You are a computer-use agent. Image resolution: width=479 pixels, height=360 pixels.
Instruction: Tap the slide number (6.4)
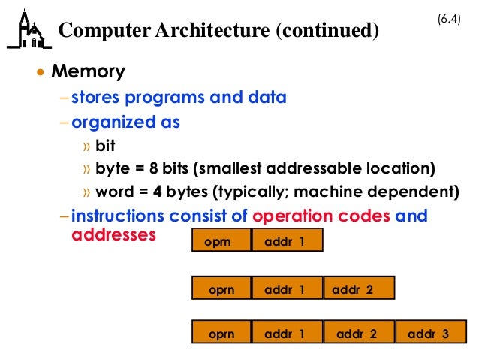coord(449,17)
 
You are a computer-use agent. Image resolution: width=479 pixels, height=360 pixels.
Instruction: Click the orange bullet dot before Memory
coord(42,73)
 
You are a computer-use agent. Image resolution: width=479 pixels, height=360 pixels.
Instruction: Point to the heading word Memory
coord(88,72)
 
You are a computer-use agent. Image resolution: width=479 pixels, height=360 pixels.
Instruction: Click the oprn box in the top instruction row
coord(217,241)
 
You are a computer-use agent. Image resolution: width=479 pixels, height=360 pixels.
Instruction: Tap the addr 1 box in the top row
coord(285,241)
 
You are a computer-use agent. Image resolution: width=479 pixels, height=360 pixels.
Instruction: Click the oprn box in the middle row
coord(221,289)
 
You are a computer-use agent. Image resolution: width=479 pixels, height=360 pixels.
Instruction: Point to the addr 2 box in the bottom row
coord(357,333)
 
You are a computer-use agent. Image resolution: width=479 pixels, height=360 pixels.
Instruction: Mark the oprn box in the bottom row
coord(221,333)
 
